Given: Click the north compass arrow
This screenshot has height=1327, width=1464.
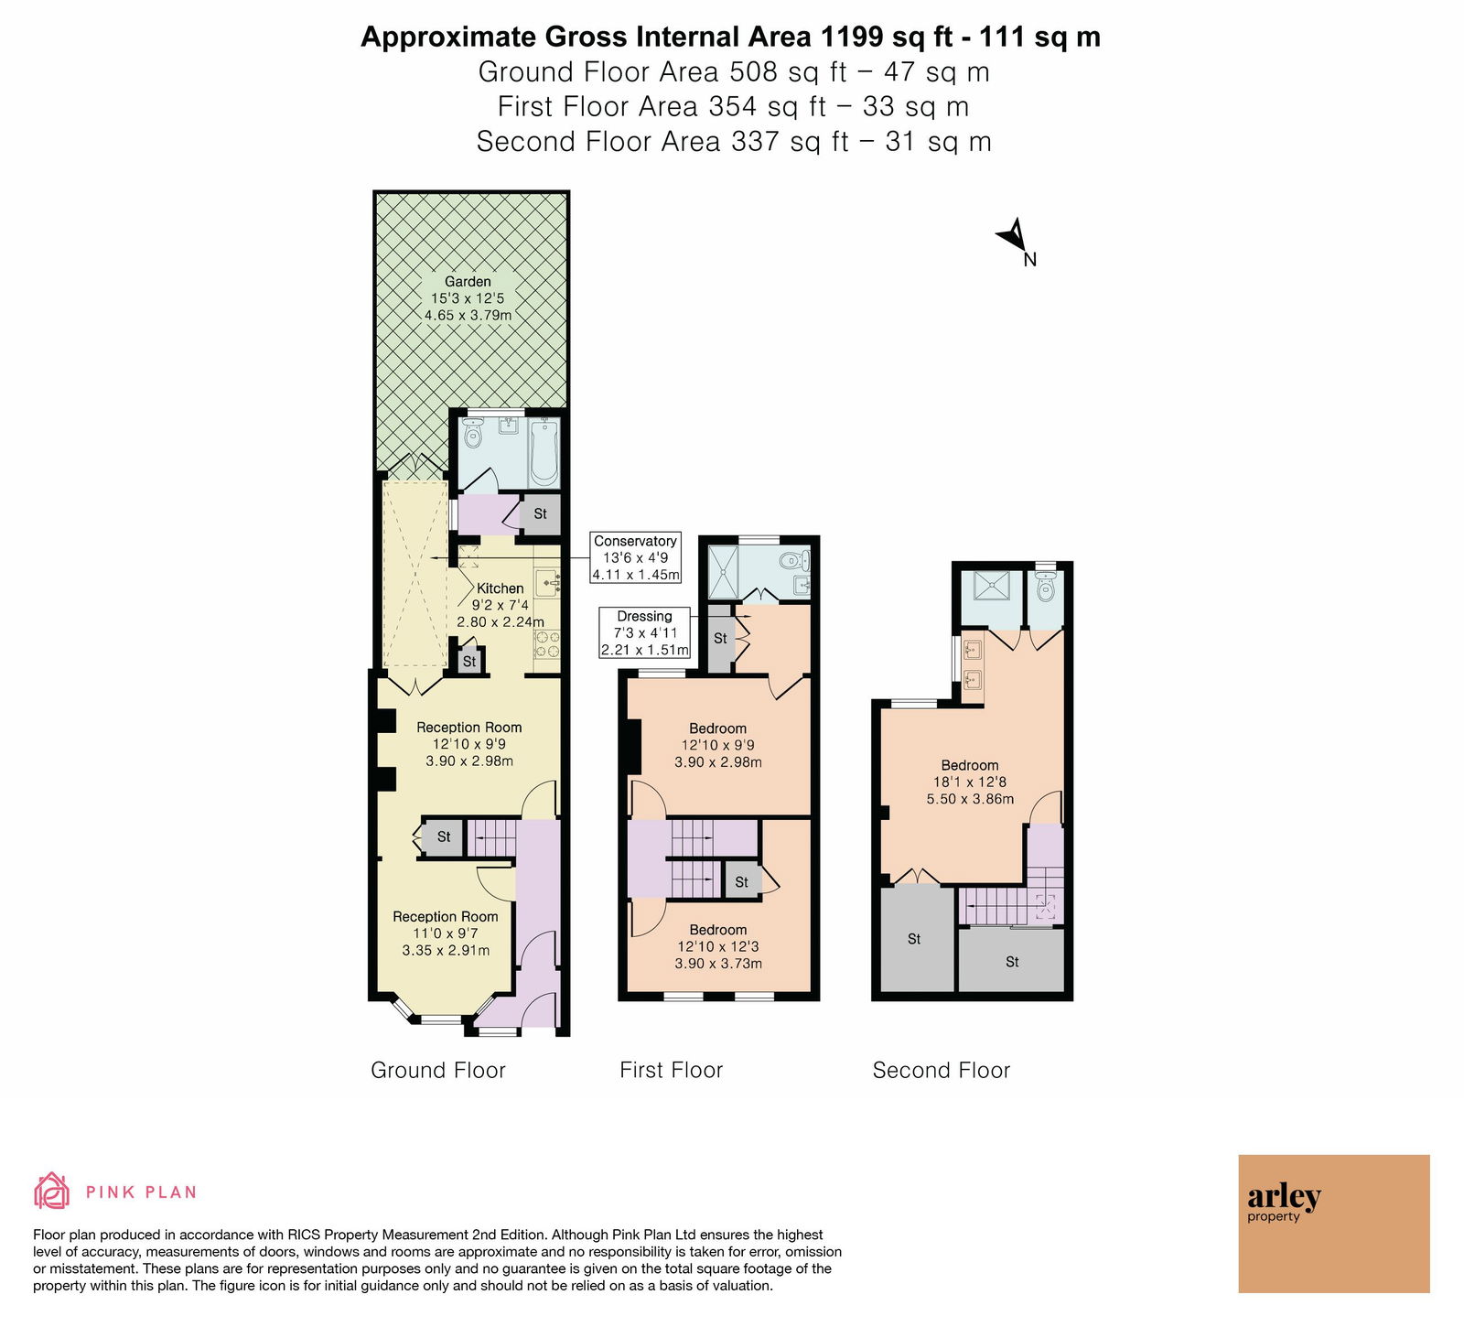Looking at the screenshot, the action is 1014,235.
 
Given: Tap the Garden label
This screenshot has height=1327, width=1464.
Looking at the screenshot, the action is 468,282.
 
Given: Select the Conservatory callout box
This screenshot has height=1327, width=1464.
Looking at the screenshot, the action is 636,557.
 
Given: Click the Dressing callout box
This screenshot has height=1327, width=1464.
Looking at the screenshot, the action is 644,632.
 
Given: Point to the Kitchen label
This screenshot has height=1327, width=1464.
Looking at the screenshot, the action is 501,588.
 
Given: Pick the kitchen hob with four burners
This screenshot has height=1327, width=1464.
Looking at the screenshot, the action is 547,644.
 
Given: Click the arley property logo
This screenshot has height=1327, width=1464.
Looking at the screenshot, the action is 1333,1223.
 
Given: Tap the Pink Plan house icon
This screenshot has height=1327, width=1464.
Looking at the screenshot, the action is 52,1191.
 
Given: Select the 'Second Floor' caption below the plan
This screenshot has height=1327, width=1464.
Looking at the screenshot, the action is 942,1070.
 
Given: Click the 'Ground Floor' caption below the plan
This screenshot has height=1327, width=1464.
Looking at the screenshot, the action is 438,1070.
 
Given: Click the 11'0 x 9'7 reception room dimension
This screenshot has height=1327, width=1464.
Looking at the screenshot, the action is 446,933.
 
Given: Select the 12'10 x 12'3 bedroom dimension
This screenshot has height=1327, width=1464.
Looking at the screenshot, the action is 718,946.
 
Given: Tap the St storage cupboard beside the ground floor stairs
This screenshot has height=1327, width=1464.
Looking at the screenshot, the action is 444,836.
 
